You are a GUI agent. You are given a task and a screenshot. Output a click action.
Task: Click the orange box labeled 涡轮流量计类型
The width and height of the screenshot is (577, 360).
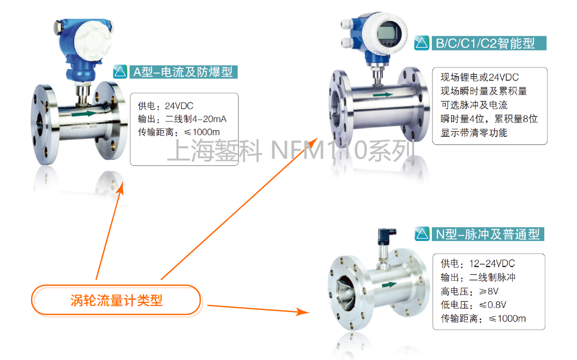coord(117,300)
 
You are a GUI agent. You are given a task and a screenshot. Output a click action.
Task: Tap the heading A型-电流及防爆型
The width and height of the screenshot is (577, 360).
coord(183,71)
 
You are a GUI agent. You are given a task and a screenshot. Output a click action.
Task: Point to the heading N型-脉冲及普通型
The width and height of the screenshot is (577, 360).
coord(488,234)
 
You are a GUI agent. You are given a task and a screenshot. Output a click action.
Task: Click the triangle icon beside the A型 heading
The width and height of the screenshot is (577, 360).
coord(120,71)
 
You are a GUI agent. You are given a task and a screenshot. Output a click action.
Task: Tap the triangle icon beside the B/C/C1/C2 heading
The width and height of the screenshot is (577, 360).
coord(422,43)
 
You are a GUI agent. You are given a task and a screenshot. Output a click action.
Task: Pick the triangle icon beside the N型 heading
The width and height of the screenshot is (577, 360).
coord(422,234)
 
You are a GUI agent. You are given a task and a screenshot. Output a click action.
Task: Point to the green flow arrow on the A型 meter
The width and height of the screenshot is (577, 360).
coord(84,114)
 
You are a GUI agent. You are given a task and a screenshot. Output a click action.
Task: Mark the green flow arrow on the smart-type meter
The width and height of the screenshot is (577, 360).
coord(383,95)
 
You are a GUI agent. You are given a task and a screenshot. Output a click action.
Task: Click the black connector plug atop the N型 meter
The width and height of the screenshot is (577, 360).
coord(386,236)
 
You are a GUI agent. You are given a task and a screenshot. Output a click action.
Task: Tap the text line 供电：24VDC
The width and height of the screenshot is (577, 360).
coord(166,106)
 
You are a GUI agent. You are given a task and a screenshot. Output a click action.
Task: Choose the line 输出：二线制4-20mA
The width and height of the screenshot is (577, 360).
coord(182,119)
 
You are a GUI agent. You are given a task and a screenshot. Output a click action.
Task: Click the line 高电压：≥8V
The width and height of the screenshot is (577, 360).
coord(470,292)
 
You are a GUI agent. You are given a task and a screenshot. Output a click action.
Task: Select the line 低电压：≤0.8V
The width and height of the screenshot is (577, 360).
coord(474,305)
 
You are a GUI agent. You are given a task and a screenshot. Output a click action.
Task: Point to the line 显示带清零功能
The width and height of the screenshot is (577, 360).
coord(474,133)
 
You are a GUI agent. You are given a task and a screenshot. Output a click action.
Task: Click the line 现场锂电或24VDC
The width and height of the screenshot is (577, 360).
coord(480,77)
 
